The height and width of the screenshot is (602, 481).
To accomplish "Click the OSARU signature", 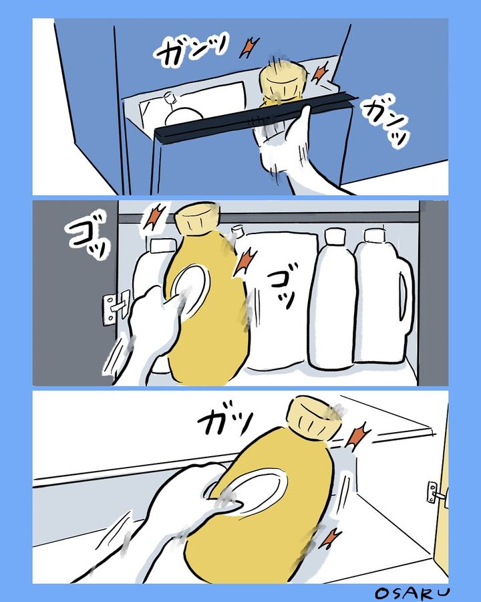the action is (412, 593).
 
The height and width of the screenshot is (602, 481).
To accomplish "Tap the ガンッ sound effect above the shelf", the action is (191, 49).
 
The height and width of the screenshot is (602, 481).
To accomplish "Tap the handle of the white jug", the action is (404, 298).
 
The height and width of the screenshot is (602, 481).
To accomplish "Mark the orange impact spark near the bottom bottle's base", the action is (330, 538).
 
